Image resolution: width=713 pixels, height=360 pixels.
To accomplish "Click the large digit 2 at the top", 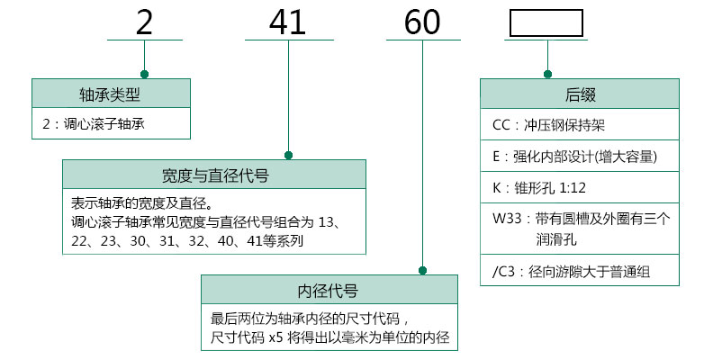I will (144, 22).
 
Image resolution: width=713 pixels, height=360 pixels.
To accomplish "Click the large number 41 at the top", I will (289, 22).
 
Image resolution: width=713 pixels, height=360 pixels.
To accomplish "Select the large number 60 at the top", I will (422, 22).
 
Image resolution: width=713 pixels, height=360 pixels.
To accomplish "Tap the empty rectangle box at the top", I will (546, 22).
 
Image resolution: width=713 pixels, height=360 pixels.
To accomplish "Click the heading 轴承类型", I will (111, 94).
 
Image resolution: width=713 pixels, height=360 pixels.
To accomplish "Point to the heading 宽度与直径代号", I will (213, 175).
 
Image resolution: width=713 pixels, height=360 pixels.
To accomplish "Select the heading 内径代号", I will (328, 291).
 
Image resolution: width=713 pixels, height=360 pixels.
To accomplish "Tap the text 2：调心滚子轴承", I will (94, 124).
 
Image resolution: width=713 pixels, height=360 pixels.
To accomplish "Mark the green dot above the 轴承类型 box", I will (144, 74).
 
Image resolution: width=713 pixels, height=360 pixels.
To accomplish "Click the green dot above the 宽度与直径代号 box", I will (289, 155).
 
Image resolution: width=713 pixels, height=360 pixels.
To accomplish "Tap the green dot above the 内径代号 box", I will (422, 270).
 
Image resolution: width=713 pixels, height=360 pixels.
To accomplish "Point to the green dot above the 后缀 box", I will (546, 74).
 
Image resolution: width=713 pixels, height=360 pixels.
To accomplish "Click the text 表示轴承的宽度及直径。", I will (136, 202).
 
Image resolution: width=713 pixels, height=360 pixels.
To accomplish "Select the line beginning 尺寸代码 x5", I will (329, 337).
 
